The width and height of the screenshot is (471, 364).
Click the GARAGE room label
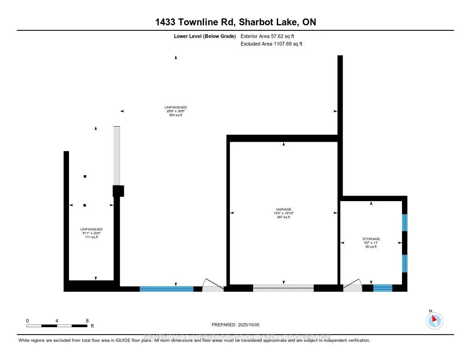coord(283,209)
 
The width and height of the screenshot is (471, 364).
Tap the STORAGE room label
coord(371,239)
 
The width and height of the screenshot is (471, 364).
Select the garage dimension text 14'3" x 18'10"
coord(283,213)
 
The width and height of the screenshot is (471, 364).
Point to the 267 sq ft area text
coord(283,217)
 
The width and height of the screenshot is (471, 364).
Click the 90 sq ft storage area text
coord(371,247)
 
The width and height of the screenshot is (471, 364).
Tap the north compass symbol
coord(435,320)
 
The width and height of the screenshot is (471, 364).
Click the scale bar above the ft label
coord(57,326)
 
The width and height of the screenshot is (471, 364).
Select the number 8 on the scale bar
coord(87,320)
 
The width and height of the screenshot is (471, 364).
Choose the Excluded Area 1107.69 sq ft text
coord(271,44)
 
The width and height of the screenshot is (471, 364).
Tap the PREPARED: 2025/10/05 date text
coord(235,324)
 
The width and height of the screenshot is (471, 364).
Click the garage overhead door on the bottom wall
coord(283,288)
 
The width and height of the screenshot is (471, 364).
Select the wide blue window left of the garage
coord(166,289)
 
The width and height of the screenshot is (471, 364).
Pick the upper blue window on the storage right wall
coord(405,222)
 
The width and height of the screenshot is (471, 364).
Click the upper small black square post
coord(85,176)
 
